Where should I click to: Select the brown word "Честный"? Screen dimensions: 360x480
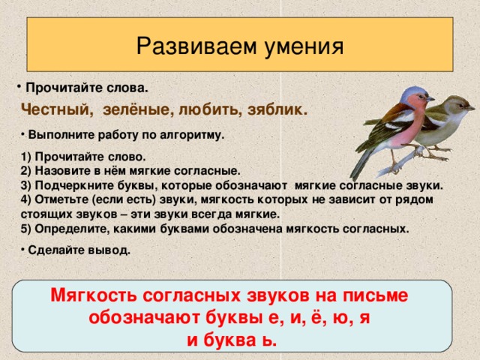pos(55,109)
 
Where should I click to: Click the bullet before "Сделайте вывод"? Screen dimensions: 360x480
pos(22,250)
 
